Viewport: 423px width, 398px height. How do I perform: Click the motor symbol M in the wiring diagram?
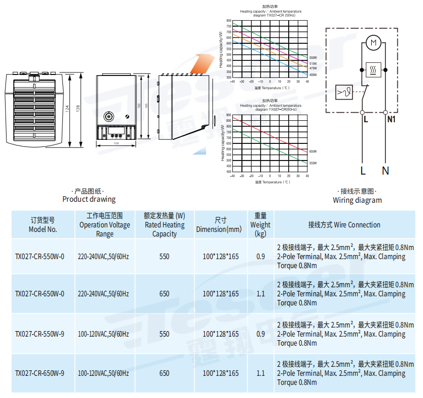click(373, 44)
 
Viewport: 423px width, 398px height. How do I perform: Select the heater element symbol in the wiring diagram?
click(373, 70)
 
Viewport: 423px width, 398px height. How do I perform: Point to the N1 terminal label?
click(392, 119)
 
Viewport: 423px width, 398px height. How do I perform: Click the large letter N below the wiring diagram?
click(385, 171)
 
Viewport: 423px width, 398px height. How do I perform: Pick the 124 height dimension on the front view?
click(68, 109)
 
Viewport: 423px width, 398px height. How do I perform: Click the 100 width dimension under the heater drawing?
click(116, 143)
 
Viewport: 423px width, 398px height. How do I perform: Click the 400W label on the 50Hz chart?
click(313, 75)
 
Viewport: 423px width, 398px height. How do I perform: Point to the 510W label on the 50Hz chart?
click(313, 64)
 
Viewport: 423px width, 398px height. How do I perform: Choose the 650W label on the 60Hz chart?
click(313, 151)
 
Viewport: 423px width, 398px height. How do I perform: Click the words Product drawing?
click(89, 199)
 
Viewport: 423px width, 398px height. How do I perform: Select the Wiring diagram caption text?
click(357, 200)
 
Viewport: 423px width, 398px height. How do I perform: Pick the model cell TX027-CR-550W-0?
click(40, 257)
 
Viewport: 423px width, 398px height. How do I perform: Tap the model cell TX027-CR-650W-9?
click(40, 373)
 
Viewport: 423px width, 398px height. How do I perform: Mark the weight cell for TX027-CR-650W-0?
click(261, 294)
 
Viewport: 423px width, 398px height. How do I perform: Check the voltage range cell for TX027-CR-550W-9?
click(104, 334)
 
